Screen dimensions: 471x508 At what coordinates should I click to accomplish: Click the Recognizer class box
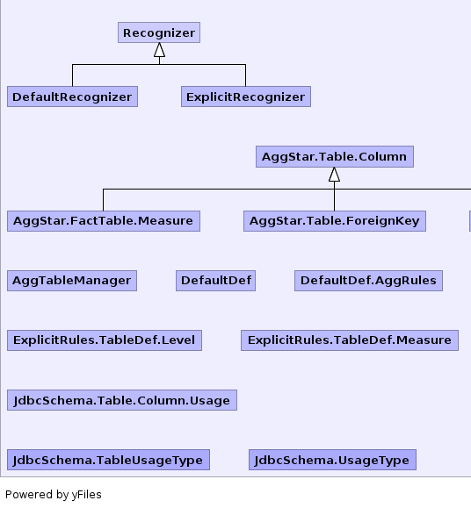click(x=159, y=32)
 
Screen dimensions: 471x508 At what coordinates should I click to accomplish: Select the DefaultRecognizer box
click(x=72, y=97)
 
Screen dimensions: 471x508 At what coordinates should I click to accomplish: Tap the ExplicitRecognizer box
click(x=246, y=97)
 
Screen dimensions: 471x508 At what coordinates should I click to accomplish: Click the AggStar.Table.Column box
click(x=335, y=156)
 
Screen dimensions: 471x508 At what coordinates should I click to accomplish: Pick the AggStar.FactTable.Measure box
click(x=104, y=221)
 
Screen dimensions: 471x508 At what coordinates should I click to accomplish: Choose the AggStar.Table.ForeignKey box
click(x=335, y=221)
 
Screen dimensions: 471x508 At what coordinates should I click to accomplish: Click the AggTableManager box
click(x=72, y=281)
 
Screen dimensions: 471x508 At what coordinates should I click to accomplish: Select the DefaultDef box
click(x=215, y=281)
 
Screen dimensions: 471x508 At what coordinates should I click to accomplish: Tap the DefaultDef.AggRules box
click(x=368, y=281)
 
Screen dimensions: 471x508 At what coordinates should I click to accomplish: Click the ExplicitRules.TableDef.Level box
click(x=105, y=340)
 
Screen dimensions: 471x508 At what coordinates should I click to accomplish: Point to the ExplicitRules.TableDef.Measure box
click(x=350, y=340)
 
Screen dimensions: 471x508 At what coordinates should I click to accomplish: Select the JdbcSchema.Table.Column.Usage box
click(x=122, y=400)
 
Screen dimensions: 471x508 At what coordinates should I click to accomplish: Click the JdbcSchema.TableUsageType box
click(x=108, y=460)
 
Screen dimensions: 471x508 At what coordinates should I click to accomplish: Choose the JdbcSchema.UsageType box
click(x=332, y=460)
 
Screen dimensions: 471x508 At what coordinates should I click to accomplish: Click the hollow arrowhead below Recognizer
click(x=159, y=50)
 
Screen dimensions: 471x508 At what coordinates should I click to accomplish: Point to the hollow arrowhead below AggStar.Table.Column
click(x=335, y=175)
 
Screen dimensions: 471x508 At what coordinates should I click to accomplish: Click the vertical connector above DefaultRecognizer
click(x=72, y=75)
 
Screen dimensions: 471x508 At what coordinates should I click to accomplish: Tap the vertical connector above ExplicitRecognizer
click(x=245, y=75)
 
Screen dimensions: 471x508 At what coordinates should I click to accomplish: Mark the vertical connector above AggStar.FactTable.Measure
click(x=103, y=200)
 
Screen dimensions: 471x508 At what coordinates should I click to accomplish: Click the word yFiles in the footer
click(x=87, y=495)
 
